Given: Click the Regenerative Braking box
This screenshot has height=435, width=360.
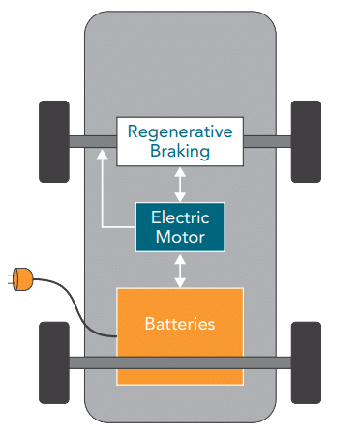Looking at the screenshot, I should [179, 141].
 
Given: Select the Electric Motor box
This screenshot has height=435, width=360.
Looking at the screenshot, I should [179, 225].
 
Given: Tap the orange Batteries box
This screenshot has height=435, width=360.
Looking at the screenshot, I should [180, 333].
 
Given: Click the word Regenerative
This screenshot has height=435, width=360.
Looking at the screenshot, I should [180, 132].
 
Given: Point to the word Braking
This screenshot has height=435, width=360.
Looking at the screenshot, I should [180, 151].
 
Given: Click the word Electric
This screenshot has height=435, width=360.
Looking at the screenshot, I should [180, 217].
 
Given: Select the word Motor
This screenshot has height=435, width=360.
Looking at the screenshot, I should [180, 236].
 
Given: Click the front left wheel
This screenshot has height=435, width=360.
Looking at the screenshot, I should [53, 140].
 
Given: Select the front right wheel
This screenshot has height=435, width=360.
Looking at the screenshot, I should [306, 140].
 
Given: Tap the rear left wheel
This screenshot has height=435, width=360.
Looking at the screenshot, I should [53, 362].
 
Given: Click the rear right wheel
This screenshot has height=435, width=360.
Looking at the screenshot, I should [306, 362].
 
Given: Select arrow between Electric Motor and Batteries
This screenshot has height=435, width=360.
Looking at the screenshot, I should [179, 270].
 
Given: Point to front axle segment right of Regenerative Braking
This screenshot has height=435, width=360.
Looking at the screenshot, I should [266, 141].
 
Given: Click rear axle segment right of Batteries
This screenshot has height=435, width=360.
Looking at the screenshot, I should [266, 362].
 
